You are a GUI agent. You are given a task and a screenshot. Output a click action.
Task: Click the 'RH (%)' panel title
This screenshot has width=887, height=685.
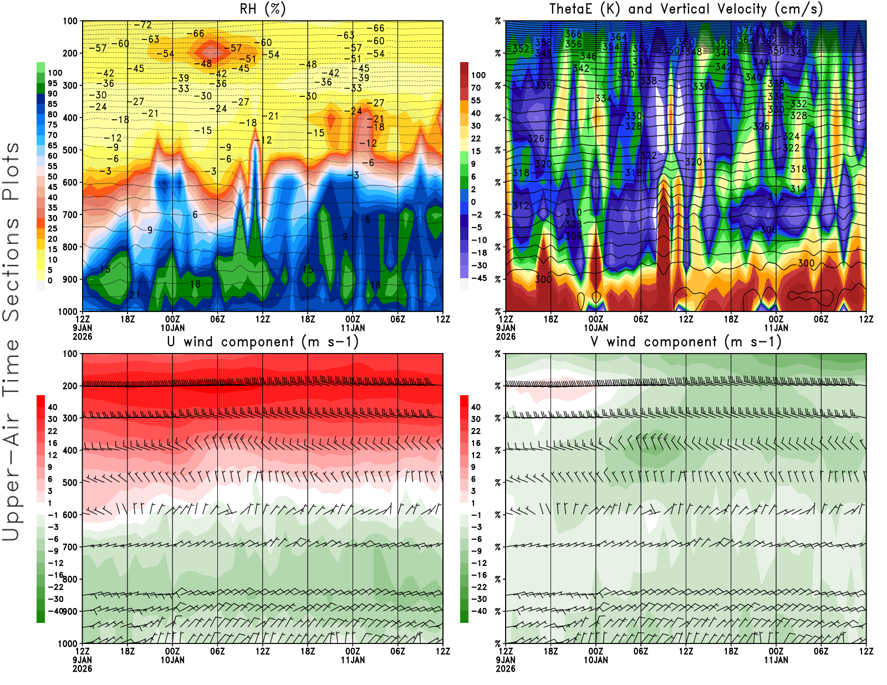[x=262, y=9]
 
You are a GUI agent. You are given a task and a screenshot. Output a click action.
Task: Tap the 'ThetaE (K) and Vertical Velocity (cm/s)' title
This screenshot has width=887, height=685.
[x=686, y=9]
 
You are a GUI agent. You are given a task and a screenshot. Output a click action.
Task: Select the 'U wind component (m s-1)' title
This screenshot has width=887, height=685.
[x=262, y=342]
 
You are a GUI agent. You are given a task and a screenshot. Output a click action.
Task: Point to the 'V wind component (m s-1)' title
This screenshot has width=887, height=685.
[x=686, y=342]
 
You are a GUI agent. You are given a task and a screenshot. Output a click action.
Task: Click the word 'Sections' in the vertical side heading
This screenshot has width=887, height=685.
[x=11, y=269]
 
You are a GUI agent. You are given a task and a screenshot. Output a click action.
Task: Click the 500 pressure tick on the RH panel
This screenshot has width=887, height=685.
[x=70, y=150]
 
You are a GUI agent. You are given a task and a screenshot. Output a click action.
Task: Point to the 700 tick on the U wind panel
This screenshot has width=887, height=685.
[x=70, y=547]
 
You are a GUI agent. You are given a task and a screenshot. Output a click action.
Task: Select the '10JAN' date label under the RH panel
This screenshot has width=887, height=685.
[x=172, y=328]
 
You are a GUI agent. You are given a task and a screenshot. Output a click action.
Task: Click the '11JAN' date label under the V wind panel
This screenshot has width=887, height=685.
[x=776, y=660]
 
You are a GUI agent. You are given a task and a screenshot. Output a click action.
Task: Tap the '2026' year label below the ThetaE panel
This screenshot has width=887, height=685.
[x=506, y=336]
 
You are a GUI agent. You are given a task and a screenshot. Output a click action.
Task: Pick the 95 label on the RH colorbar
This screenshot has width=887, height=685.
[x=52, y=83]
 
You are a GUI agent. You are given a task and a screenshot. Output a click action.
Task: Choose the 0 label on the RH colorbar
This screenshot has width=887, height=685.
[x=50, y=280]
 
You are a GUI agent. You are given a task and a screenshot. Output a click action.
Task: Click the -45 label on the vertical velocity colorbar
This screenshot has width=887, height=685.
[x=478, y=278]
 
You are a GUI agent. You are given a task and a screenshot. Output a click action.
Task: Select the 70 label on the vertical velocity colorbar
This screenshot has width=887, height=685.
[x=476, y=88]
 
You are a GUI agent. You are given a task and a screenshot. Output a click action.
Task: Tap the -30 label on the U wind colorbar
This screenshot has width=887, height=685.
[x=55, y=599]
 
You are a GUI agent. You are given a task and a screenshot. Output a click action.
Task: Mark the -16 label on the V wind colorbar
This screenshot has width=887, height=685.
[x=478, y=575]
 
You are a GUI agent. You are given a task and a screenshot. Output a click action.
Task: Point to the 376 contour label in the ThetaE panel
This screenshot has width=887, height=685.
[x=746, y=30]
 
